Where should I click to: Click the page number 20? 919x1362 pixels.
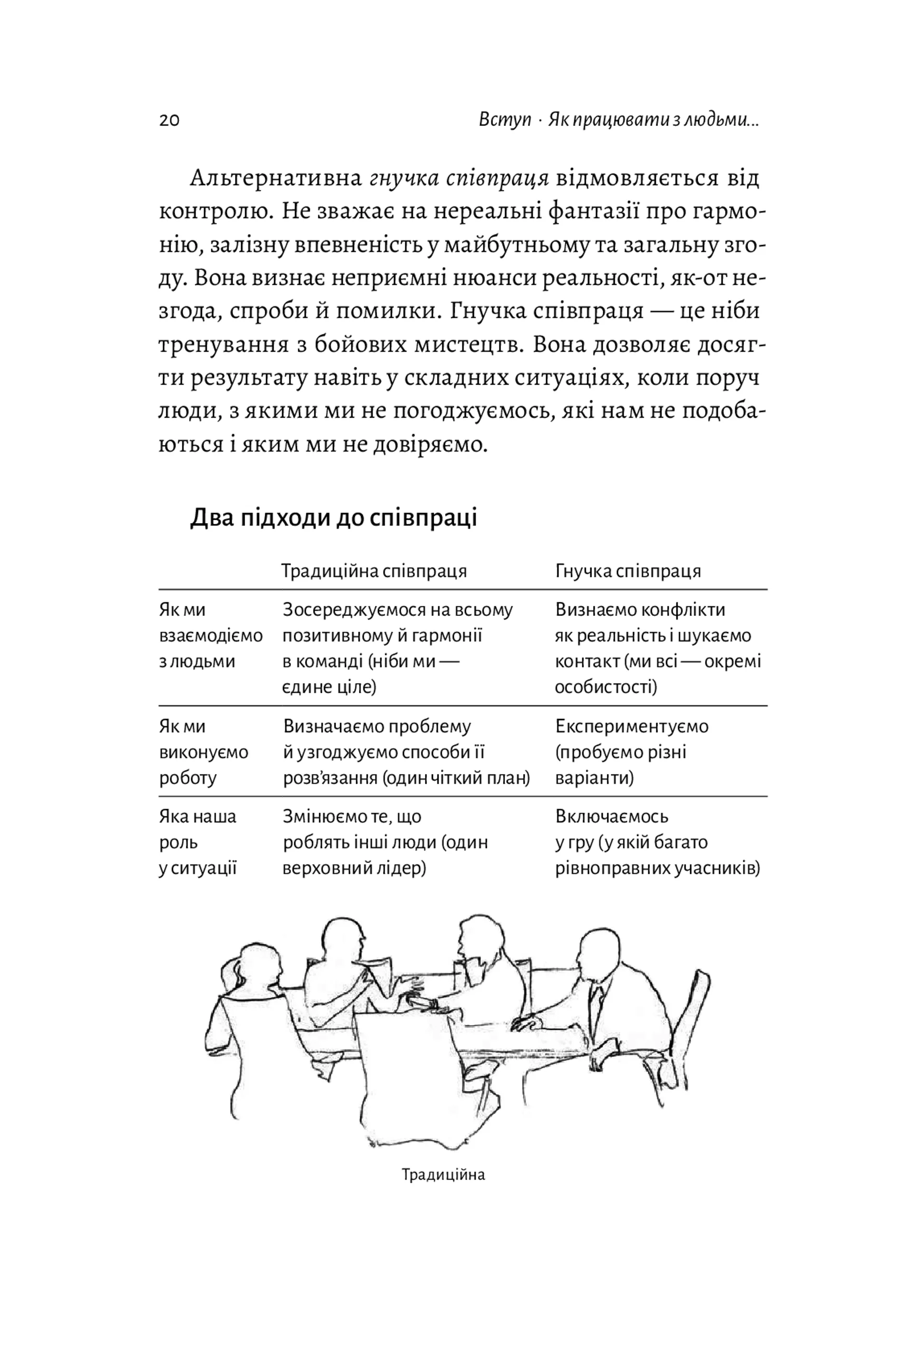(169, 120)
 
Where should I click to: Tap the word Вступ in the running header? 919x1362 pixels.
(504, 120)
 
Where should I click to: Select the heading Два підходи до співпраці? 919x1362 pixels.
(333, 518)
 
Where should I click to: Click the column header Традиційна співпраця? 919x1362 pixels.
(373, 571)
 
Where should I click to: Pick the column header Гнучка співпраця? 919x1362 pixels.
(628, 571)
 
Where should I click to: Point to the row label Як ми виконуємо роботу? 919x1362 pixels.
(203, 752)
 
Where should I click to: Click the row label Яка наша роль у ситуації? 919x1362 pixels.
(198, 842)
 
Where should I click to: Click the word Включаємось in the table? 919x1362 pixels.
(611, 816)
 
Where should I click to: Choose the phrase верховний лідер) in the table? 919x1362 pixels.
(354, 868)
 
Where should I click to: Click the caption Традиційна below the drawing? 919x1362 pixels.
(443, 1175)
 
